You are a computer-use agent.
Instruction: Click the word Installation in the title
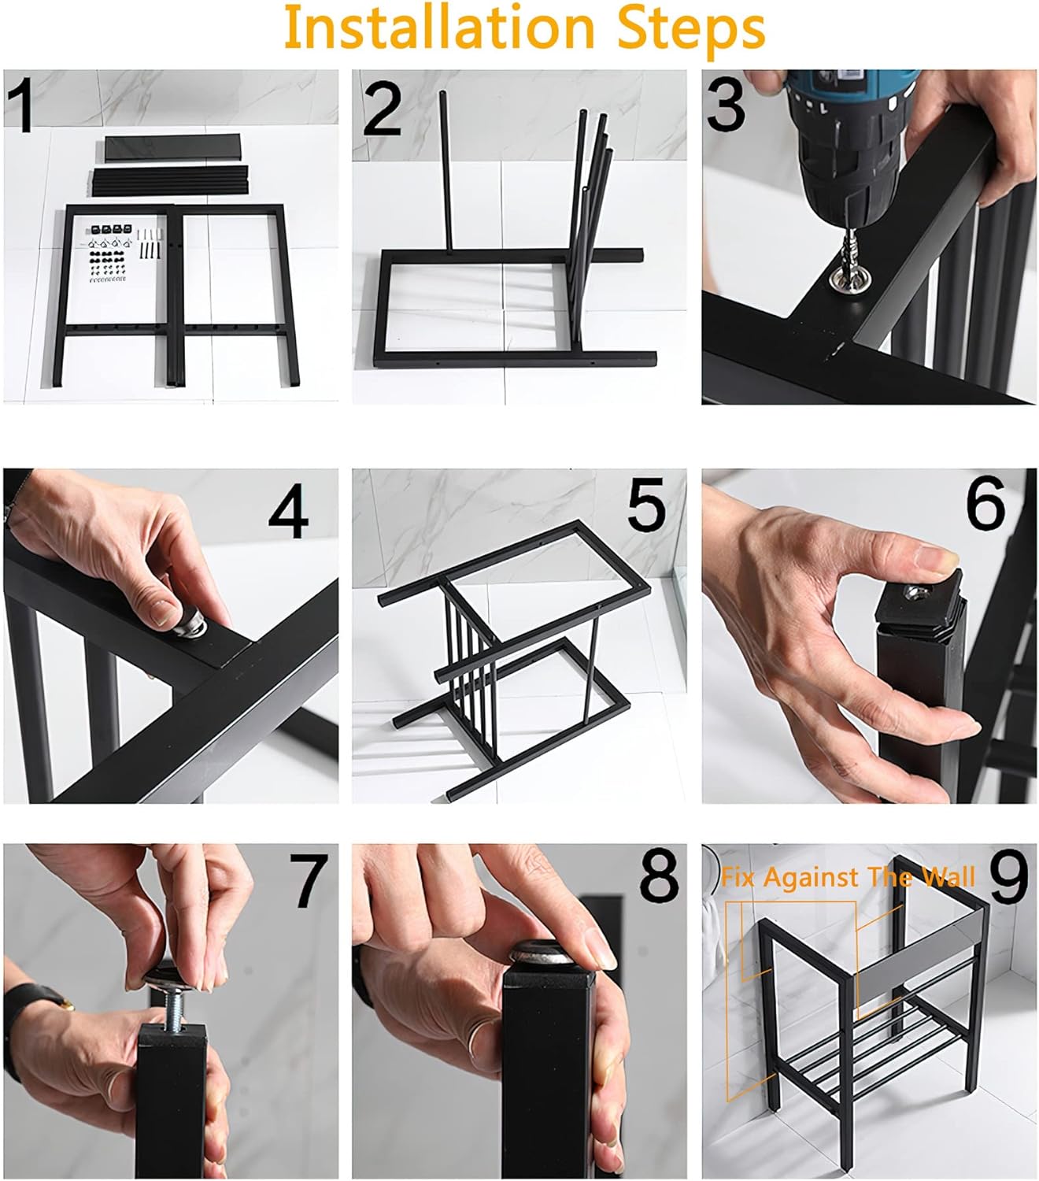coord(438,28)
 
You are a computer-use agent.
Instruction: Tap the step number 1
coord(21,105)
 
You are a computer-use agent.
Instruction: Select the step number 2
coord(383,109)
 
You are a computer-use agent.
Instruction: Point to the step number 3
coord(726,105)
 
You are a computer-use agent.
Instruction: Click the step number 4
coord(288,510)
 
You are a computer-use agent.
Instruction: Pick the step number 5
coord(646,504)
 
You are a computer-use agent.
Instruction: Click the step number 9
coord(1008,876)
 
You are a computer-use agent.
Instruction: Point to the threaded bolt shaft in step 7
coord(173,1013)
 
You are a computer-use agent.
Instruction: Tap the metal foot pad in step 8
coord(542,952)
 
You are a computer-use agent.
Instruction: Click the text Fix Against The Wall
coord(848,877)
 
